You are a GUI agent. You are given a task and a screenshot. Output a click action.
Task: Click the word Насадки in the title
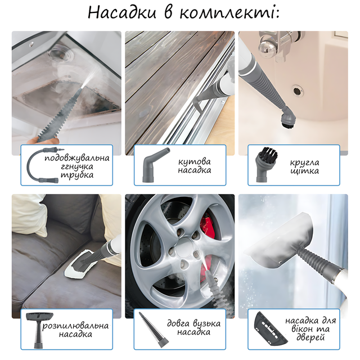(x=122, y=12)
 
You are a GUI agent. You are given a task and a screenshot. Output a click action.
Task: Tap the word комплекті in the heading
(x=229, y=13)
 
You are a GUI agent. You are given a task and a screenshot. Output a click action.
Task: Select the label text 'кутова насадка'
(x=195, y=166)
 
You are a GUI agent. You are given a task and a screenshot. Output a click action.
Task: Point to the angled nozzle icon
(x=154, y=164)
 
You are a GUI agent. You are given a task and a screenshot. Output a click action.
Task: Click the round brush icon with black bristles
(x=266, y=164)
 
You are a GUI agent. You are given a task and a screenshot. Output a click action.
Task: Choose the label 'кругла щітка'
(x=305, y=166)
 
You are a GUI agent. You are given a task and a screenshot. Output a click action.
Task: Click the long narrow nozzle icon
(x=154, y=330)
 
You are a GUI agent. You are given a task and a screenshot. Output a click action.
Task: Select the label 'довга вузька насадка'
(x=193, y=327)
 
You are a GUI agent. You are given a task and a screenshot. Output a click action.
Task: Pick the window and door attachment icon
(x=271, y=329)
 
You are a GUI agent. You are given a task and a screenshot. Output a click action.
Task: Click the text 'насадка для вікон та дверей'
(x=310, y=328)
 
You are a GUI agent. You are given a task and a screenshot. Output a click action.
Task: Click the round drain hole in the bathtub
(x=297, y=91)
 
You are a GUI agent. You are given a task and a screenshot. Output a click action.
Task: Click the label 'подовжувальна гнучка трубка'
(x=77, y=166)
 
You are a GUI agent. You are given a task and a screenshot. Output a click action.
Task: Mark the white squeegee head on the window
(x=281, y=241)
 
